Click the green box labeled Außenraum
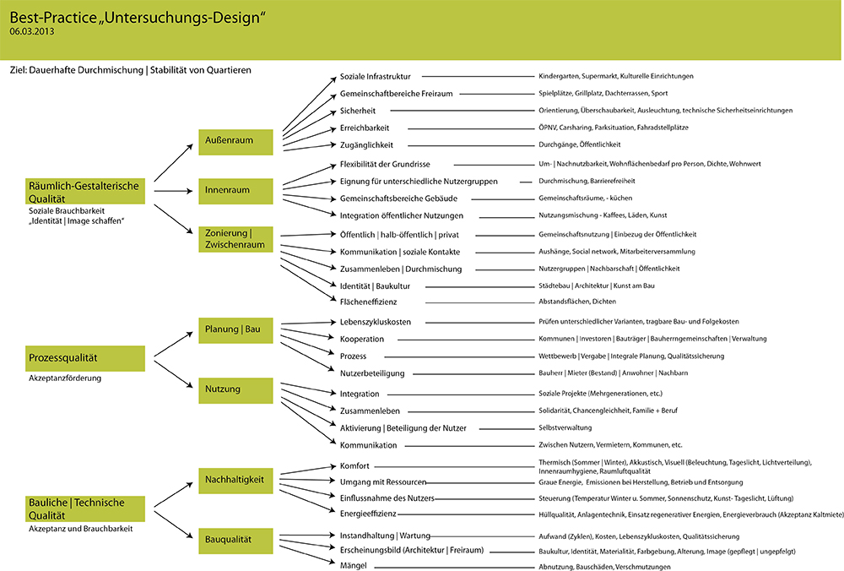(x=236, y=141)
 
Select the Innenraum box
(x=236, y=191)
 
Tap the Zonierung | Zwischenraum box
(x=236, y=239)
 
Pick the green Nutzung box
(x=236, y=389)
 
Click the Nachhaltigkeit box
(x=236, y=481)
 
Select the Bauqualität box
(x=236, y=538)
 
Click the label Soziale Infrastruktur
(x=375, y=76)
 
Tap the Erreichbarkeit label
(x=365, y=128)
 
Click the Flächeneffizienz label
(x=368, y=302)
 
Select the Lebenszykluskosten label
(x=376, y=322)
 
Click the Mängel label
(x=354, y=566)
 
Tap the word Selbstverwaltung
(x=565, y=428)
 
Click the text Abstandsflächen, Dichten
(x=577, y=302)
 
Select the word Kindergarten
(x=559, y=76)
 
